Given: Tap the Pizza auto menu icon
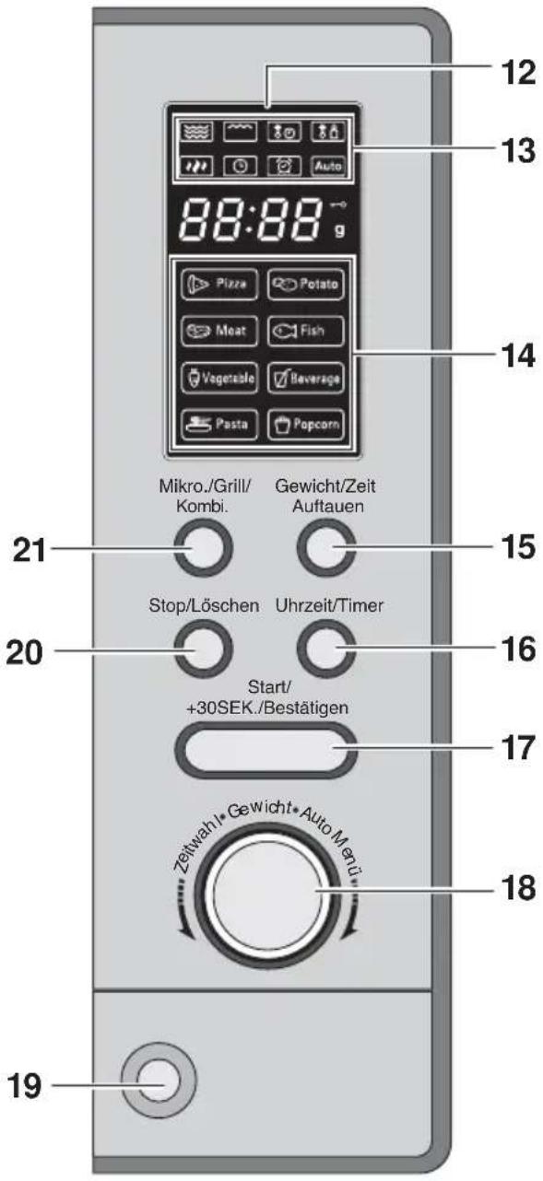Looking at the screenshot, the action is [x=219, y=285].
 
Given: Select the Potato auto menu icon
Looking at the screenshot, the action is [x=305, y=285].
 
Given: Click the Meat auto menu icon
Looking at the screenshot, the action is [x=219, y=331].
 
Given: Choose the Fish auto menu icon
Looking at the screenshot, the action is [x=305, y=331].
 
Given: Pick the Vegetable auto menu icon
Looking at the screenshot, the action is [x=219, y=378].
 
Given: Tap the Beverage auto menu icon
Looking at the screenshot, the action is [x=305, y=378].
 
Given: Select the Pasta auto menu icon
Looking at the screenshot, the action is [x=219, y=425].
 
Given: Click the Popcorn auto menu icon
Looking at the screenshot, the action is [x=305, y=425].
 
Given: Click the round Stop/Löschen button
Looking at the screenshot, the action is [x=203, y=649].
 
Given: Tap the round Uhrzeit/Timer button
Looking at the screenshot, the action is [x=326, y=649].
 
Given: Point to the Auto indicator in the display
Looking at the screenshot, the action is [x=328, y=166].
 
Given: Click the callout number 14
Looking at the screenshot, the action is [x=518, y=356].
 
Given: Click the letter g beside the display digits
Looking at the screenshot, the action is [x=340, y=230].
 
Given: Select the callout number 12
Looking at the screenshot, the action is [x=518, y=72].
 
